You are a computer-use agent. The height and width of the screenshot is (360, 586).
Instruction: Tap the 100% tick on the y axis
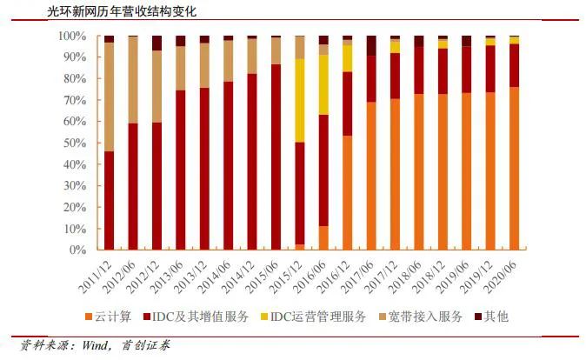[x=72, y=36]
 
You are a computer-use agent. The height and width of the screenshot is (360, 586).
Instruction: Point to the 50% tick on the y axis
[x=75, y=143]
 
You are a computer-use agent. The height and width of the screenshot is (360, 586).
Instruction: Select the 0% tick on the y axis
[x=78, y=250]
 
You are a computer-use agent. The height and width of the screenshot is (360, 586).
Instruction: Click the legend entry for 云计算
[x=113, y=317]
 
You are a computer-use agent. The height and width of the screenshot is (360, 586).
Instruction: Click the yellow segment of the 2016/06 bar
[x=323, y=84]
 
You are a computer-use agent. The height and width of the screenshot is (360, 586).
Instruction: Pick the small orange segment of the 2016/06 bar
[x=323, y=237]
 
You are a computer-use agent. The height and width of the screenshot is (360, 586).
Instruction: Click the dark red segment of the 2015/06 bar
[x=276, y=157]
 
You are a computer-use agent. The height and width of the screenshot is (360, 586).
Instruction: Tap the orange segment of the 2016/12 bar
[x=347, y=192]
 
